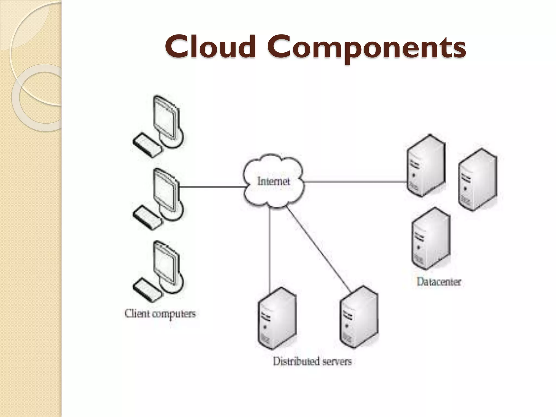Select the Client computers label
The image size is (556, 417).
[160, 314]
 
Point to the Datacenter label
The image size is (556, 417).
[439, 282]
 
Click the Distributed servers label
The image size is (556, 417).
[312, 361]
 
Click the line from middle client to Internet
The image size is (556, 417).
[212, 187]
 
